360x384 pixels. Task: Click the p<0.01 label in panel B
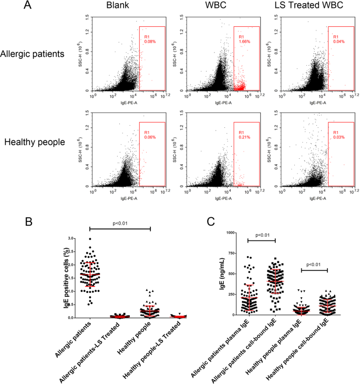120,222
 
